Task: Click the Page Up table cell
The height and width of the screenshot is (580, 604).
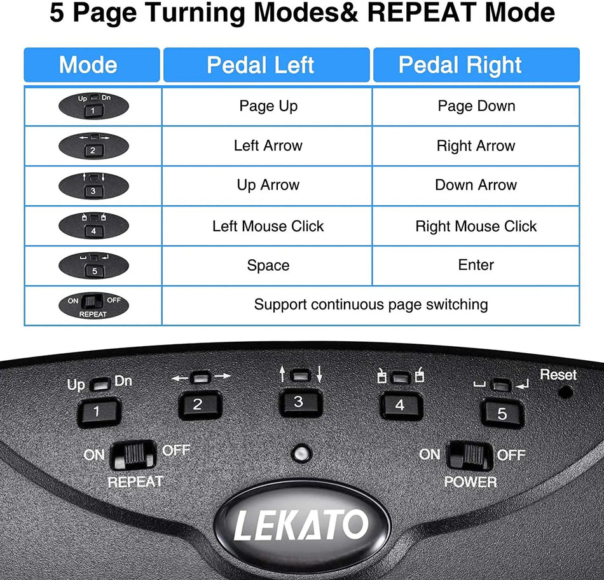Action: click(x=268, y=106)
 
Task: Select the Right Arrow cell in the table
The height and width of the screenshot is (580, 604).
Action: click(x=476, y=146)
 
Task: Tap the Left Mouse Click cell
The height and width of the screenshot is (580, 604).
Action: click(x=268, y=226)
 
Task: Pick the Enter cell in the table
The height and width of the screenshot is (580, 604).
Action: click(x=476, y=265)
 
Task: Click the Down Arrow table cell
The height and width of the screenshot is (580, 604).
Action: click(x=476, y=185)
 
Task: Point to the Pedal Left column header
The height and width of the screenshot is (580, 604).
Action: click(x=266, y=65)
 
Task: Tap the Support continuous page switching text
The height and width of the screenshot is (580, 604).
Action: click(x=371, y=305)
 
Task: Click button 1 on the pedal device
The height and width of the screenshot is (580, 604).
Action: click(x=97, y=412)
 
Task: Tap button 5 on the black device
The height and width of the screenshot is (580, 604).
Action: click(x=502, y=414)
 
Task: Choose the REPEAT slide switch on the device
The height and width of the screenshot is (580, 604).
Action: click(x=132, y=455)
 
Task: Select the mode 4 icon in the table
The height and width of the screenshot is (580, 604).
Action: click(x=93, y=226)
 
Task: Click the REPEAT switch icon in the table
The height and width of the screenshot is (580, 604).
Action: click(x=93, y=305)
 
